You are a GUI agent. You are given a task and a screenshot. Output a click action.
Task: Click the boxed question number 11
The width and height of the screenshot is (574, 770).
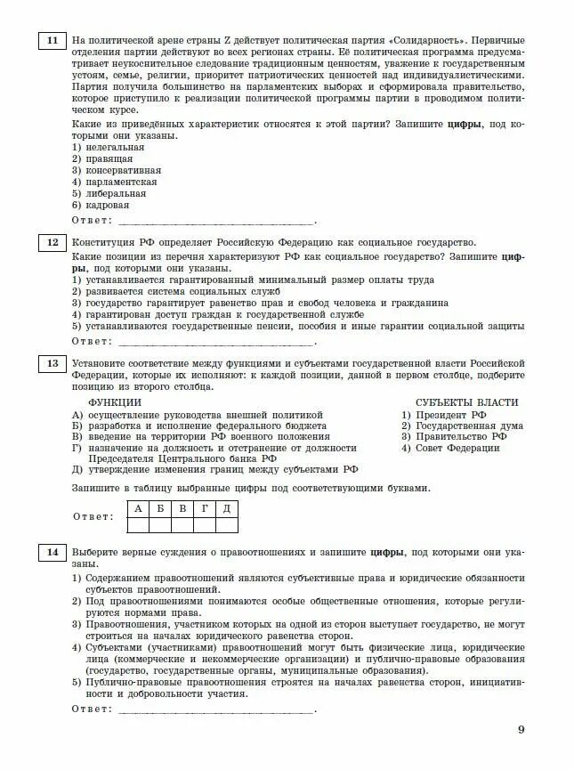click(52, 41)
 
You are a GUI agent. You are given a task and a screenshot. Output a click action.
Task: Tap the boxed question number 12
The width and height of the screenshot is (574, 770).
click(52, 242)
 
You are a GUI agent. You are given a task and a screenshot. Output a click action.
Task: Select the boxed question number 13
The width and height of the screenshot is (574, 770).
click(52, 363)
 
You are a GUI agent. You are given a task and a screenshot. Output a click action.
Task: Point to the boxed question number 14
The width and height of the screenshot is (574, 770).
click(52, 553)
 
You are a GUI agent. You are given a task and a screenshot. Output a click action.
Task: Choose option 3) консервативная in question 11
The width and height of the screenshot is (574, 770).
click(117, 170)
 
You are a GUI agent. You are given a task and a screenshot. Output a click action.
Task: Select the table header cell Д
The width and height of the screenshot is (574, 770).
click(226, 508)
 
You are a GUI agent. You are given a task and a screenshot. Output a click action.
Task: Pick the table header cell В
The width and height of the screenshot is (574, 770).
click(182, 508)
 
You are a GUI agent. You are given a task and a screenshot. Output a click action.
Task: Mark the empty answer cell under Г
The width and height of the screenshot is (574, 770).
click(204, 524)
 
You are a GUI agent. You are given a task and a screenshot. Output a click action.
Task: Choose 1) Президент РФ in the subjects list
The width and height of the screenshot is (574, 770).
click(443, 414)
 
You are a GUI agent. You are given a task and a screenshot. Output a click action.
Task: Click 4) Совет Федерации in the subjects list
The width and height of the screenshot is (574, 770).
click(450, 448)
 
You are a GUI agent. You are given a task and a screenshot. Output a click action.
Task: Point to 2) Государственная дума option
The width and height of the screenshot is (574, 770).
click(462, 426)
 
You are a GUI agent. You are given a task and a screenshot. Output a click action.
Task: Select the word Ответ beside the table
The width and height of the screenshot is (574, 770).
click(93, 516)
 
